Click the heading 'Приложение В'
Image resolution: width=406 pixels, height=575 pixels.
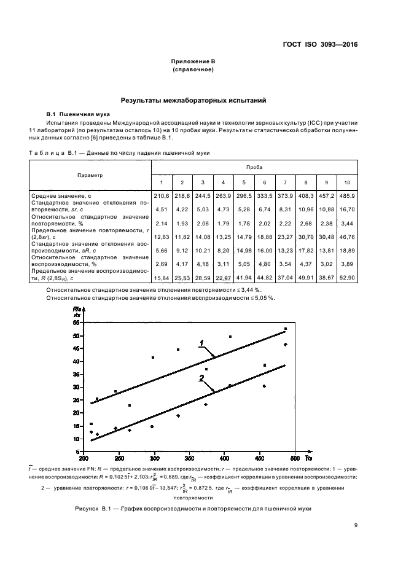tap(193, 62)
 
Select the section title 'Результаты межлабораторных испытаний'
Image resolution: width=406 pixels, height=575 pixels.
tap(193, 100)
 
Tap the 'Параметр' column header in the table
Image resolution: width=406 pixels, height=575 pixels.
tap(90, 175)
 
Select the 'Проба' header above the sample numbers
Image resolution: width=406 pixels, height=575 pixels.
tap(254, 167)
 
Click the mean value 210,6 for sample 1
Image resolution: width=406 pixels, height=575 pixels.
tap(162, 195)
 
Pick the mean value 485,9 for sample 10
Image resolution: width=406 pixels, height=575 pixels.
tap(346, 195)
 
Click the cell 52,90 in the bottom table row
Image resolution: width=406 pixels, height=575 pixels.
tap(346, 278)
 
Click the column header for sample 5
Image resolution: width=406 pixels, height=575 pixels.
tap(244, 183)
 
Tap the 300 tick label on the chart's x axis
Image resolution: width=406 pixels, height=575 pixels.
tap(155, 458)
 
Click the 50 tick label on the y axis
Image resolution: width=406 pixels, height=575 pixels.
tap(76, 335)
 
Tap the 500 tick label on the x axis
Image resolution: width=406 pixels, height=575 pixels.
tap(295, 458)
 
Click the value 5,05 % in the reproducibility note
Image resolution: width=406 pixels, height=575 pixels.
tap(265, 297)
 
